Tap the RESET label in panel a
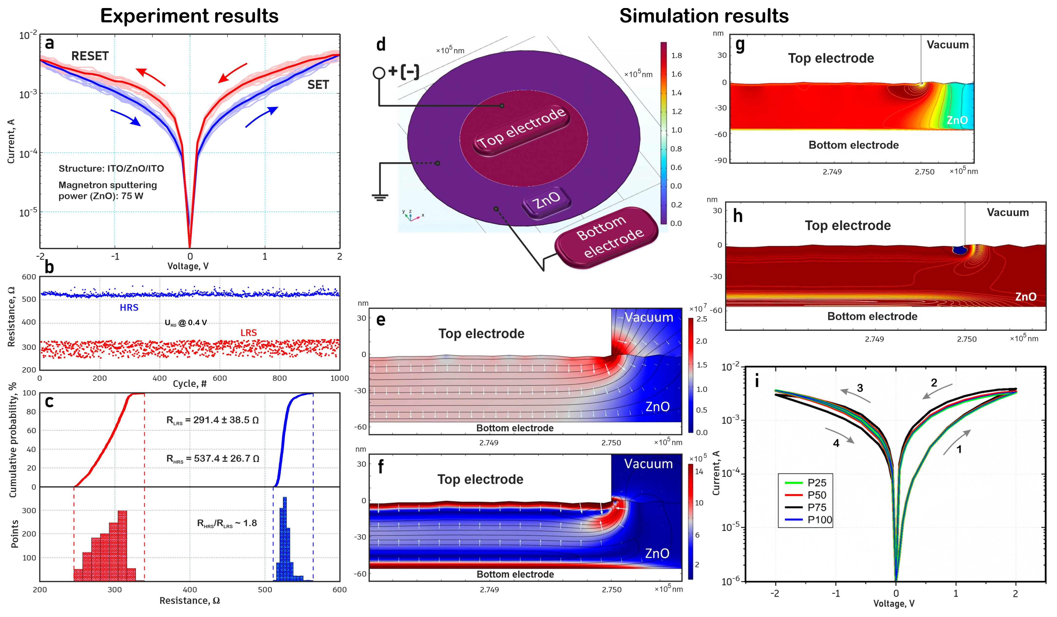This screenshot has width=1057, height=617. tap(90, 56)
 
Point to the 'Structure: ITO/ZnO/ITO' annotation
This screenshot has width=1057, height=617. tap(111, 169)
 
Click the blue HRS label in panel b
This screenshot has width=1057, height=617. tap(129, 308)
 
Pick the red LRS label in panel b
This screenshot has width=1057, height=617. tap(248, 332)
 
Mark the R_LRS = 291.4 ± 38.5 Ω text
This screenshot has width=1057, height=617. tap(212, 420)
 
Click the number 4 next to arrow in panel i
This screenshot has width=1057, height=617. tap(836, 443)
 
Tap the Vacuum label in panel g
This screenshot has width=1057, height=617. tap(947, 45)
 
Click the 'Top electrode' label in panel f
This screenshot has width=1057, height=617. tap(480, 479)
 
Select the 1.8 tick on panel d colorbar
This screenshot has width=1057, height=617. tap(676, 55)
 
